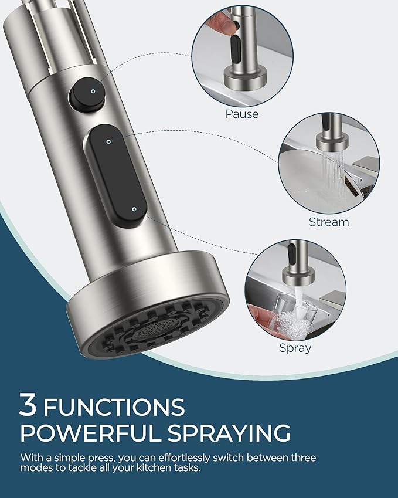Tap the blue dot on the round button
point(93,92)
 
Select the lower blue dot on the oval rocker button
point(135,208)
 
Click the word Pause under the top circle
point(241,114)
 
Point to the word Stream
point(329,222)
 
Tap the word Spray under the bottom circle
point(295,348)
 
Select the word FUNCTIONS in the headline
point(114,406)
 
